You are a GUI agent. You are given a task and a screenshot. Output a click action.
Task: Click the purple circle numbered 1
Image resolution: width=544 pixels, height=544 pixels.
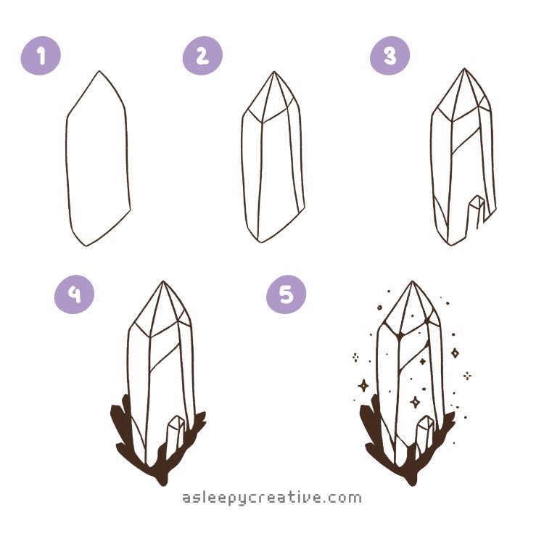41,56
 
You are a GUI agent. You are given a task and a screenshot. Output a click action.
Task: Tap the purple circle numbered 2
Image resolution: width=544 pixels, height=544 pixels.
202,56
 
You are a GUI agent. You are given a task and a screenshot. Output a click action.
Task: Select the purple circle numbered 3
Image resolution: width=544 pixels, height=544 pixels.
390,56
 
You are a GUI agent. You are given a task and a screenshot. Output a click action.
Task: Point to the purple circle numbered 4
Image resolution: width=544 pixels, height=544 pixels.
74,294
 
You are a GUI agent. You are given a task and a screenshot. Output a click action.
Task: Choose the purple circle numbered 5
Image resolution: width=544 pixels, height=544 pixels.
287,294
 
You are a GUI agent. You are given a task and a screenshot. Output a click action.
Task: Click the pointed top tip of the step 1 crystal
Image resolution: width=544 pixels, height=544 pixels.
99,71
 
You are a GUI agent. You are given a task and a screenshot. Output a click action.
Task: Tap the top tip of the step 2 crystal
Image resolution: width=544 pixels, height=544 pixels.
274,72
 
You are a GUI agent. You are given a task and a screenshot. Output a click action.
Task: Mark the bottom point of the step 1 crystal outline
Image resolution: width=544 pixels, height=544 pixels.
86,246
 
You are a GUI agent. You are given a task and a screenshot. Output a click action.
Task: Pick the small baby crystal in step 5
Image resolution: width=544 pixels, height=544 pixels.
424,434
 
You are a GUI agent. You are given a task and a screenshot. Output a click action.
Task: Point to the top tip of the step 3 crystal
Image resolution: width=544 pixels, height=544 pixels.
464,69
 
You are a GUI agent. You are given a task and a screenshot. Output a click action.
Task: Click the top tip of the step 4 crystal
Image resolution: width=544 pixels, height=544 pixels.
163,281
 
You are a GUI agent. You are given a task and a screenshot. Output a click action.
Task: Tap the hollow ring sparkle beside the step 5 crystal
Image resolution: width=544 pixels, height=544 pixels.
379,308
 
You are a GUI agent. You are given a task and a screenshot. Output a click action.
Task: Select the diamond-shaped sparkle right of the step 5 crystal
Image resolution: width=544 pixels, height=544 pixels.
456,353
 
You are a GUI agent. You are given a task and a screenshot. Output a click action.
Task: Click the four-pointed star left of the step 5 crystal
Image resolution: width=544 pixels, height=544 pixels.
363,385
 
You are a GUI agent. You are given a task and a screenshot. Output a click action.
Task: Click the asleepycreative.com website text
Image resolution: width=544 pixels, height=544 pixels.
272,498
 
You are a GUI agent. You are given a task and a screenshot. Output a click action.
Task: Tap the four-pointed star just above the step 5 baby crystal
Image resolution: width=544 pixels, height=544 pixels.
416,402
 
